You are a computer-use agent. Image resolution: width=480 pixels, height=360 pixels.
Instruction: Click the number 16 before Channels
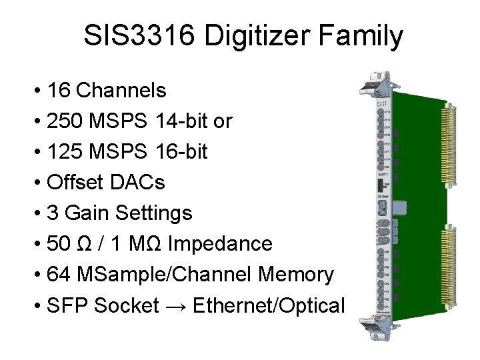pos(59,90)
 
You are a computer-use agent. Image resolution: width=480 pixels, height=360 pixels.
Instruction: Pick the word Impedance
pos(220,243)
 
